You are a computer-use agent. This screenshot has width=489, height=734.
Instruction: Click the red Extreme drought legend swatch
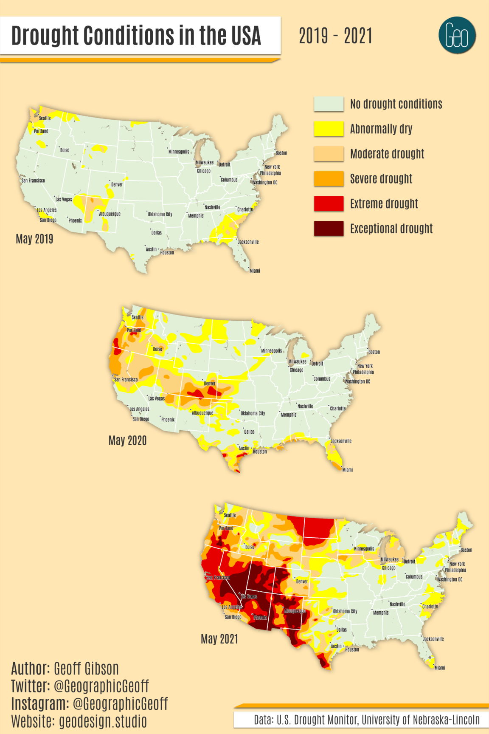pos(329,203)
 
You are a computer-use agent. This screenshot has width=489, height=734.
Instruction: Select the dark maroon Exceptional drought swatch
pos(329,229)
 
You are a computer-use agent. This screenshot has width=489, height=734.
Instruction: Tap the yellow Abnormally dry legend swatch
pos(329,129)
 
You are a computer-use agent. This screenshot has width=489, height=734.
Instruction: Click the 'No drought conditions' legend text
pos(396,104)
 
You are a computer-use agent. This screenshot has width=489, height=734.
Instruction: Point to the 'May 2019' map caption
pos(34,239)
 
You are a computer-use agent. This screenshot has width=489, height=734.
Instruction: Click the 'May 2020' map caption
pos(127,440)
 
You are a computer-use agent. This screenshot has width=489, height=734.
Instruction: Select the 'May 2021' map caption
pos(219,638)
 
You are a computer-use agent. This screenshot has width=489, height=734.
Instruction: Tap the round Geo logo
pos(457,36)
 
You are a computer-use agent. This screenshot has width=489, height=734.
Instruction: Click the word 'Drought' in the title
pos(45,36)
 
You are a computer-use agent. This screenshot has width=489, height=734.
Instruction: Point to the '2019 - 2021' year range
pos(335,36)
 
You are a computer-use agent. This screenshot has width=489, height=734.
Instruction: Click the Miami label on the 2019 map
pos(255,271)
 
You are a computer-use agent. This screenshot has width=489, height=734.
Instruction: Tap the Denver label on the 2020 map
pos(210,383)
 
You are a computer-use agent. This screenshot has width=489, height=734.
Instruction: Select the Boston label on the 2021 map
pos(466,550)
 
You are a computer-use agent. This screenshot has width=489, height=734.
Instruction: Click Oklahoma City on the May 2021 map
pos(345,611)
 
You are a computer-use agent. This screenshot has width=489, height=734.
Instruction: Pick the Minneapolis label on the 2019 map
pos(179,152)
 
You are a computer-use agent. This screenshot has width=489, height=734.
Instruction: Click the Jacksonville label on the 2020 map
pos(341,441)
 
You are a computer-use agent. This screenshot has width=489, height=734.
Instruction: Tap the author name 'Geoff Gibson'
pos(86,669)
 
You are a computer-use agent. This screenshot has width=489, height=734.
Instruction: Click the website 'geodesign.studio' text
pos(103,721)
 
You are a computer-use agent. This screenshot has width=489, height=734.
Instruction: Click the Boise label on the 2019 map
pos(65,150)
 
